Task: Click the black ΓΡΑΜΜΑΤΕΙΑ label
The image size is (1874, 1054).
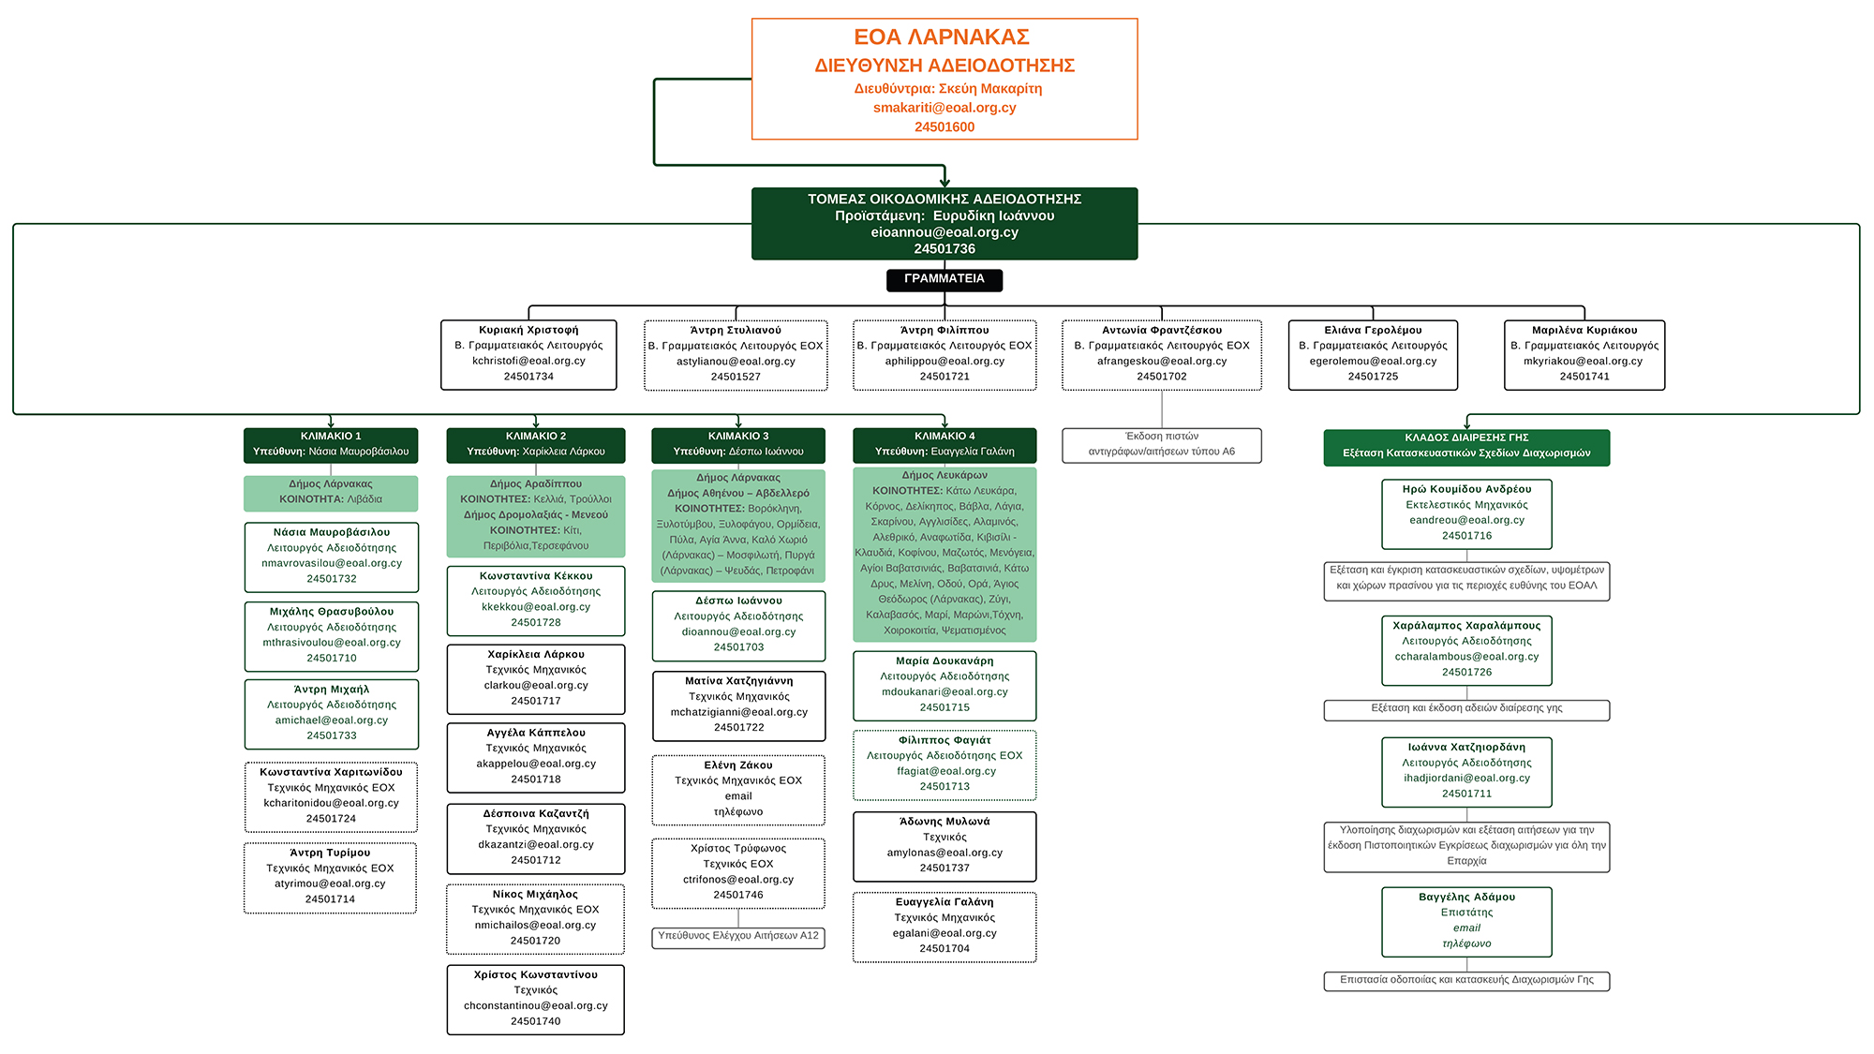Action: point(944,279)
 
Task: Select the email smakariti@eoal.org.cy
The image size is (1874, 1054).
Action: point(944,108)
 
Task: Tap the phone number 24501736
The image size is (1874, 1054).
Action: point(944,249)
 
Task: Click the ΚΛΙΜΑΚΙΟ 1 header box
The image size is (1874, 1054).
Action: point(331,444)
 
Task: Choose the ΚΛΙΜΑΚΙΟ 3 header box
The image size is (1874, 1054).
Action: point(738,444)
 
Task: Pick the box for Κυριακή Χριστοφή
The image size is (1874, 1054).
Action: point(528,354)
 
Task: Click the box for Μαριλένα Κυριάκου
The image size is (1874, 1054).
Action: point(1584,354)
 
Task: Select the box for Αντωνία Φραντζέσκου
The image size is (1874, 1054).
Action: point(1162,354)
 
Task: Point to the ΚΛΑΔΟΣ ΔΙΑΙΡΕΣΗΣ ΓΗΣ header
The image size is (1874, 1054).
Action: point(1466,446)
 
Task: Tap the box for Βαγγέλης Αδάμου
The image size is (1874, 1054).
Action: point(1466,921)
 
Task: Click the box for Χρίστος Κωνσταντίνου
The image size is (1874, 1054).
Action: point(535,999)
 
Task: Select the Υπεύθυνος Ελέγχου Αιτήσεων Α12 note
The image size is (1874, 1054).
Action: point(738,937)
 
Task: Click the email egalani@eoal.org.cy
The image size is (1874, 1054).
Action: point(944,933)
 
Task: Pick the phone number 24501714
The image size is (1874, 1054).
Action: point(330,899)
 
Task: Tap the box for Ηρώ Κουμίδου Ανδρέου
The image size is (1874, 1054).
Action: point(1466,513)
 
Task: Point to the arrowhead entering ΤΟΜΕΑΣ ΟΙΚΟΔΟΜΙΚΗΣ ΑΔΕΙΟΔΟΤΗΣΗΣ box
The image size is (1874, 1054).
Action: point(944,183)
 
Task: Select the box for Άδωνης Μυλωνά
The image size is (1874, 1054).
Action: point(944,846)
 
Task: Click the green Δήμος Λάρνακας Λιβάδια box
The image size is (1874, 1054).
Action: point(331,493)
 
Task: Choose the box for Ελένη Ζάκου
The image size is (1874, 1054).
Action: point(738,789)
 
